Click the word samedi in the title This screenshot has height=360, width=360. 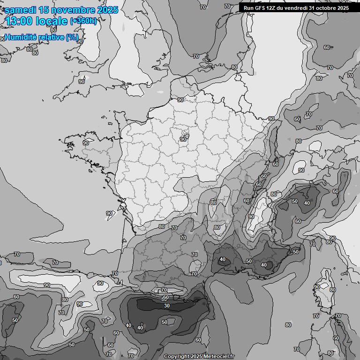tap(21, 10)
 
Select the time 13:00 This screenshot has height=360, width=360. tap(19, 21)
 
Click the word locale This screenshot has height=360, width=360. tap(51, 21)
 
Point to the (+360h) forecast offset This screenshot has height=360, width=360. tap(83, 21)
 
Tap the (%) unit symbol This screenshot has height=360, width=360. tap(72, 37)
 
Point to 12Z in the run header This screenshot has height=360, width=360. tap(272, 7)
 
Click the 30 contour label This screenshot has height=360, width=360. tap(167, 306)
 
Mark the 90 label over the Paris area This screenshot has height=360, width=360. tap(183, 139)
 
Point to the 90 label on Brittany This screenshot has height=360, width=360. tap(86, 143)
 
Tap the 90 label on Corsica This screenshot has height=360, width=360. tap(317, 287)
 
